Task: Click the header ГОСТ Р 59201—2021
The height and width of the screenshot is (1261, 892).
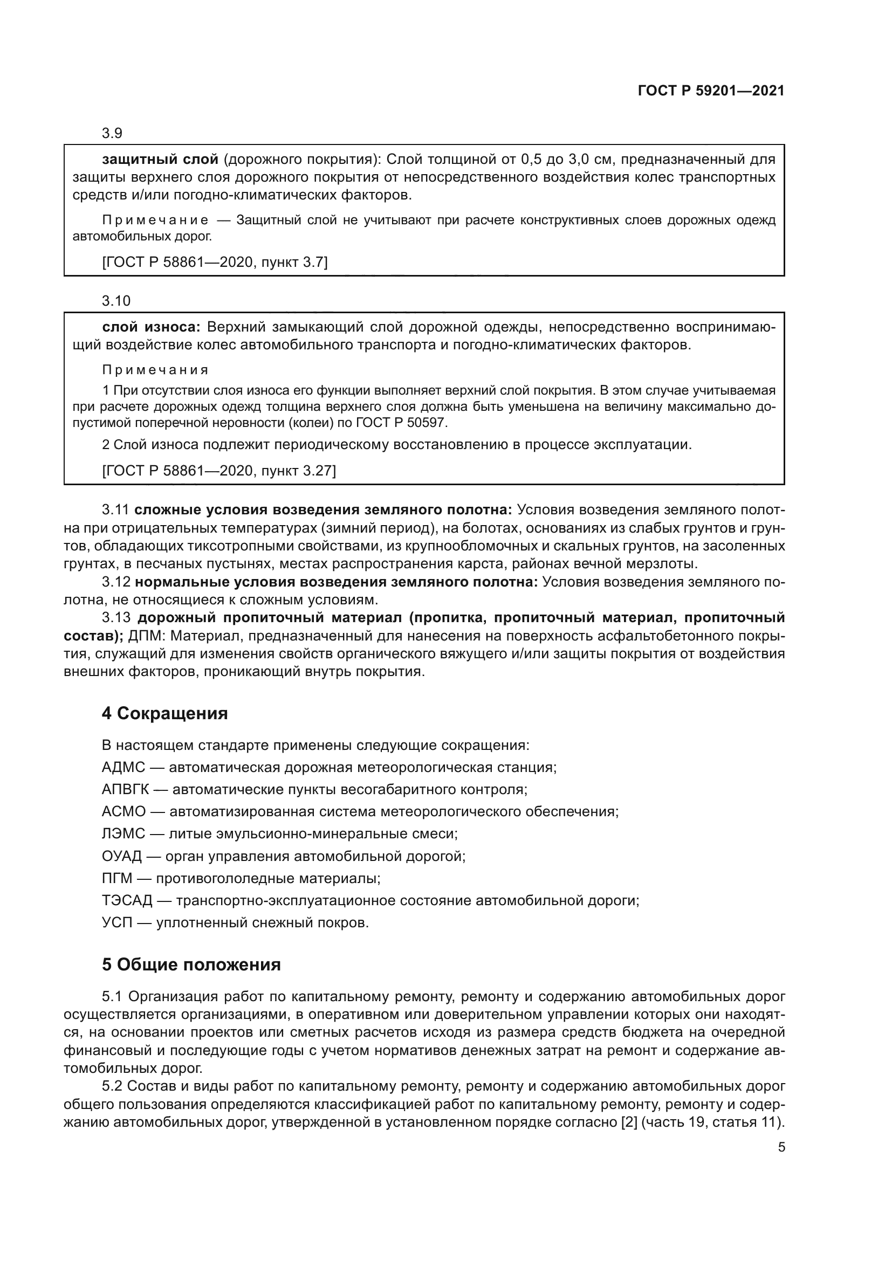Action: [711, 91]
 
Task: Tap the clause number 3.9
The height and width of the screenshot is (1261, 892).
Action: [112, 134]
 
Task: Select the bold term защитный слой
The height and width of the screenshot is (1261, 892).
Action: [160, 160]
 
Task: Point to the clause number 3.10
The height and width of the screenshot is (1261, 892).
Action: [116, 301]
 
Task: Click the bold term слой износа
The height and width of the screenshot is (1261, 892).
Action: [152, 327]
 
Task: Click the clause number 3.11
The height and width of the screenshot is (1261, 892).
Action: [115, 510]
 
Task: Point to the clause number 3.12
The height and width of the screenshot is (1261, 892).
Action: [116, 582]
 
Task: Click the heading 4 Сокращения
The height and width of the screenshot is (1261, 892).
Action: [165, 714]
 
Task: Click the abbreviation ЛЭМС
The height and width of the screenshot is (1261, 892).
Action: [123, 834]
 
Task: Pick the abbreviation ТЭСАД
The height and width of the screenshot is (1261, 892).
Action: [127, 901]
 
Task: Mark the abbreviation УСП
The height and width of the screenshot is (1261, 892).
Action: [117, 922]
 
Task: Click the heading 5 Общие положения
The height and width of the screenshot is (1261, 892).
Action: [191, 965]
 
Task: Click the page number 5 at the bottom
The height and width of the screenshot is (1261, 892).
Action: [781, 1147]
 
